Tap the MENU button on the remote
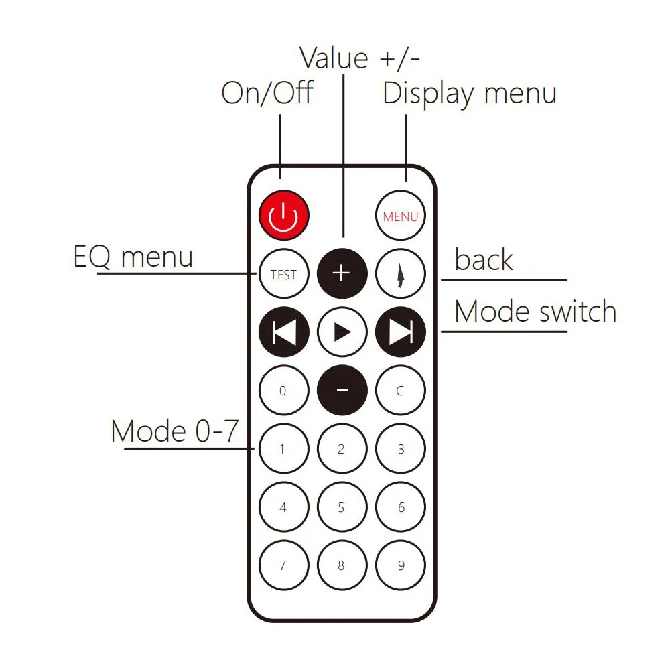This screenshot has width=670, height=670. (401, 216)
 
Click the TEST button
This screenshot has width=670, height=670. (283, 274)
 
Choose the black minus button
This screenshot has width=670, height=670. (342, 390)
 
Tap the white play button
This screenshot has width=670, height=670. (342, 332)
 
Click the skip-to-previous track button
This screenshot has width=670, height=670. (283, 332)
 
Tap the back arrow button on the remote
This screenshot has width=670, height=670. (401, 274)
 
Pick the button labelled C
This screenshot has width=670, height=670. (401, 390)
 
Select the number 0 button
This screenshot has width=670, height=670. (283, 390)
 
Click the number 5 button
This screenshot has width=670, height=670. (342, 507)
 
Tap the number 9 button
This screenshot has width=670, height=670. (401, 565)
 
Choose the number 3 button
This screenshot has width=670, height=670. (401, 449)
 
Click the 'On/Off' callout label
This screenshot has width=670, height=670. (267, 93)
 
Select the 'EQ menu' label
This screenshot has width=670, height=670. (133, 257)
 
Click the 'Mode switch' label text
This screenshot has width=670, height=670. (535, 312)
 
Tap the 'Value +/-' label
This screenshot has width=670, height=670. (360, 58)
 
